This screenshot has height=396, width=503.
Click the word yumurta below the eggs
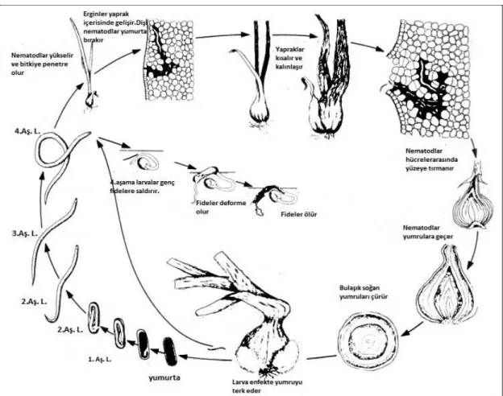[x=164, y=377]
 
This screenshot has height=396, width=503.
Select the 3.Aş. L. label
[x=25, y=233]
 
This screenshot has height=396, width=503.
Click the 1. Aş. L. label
[x=99, y=360]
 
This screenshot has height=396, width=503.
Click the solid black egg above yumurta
[x=170, y=351]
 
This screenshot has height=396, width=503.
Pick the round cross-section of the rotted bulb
[x=368, y=341]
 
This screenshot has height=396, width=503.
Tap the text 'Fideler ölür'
[x=298, y=214]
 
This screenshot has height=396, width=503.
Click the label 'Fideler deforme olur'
[x=221, y=208]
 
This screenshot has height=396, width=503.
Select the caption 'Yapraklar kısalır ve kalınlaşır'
[x=290, y=58]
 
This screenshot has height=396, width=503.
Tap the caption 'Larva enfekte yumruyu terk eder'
[x=267, y=386]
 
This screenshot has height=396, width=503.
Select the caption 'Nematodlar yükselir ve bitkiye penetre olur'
[x=42, y=64]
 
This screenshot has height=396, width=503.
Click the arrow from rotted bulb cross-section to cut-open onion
[x=412, y=329]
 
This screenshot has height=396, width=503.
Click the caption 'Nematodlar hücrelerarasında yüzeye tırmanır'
[x=431, y=159]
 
